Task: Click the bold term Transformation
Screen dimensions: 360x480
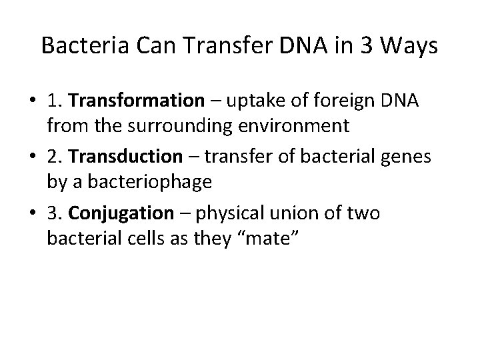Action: point(136,101)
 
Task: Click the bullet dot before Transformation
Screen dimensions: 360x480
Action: point(31,101)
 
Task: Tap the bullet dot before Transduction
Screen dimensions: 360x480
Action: point(31,157)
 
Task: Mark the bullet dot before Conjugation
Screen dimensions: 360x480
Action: point(31,214)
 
